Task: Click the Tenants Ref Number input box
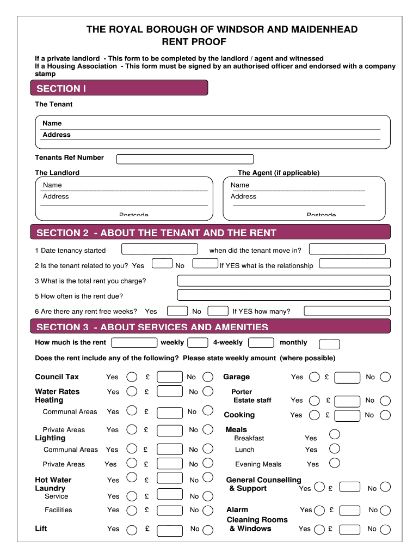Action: (x=185, y=159)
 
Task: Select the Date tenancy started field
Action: (x=159, y=249)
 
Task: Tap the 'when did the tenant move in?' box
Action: (x=347, y=249)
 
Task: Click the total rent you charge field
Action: (x=284, y=281)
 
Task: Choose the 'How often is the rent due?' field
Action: (x=284, y=295)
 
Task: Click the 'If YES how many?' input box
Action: (x=347, y=311)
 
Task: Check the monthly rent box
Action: (x=329, y=344)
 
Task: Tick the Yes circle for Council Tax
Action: (x=132, y=377)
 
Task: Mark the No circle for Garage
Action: (x=385, y=377)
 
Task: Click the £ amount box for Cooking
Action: (x=347, y=415)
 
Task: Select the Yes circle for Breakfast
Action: (x=335, y=434)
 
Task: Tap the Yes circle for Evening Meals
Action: (x=335, y=463)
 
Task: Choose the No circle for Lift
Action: (x=208, y=529)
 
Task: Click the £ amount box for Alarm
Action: (x=347, y=511)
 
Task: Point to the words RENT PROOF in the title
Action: (x=194, y=42)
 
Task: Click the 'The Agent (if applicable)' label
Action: (x=279, y=173)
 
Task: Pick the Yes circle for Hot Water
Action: (x=132, y=478)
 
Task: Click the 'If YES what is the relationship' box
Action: (x=355, y=264)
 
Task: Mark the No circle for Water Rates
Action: (x=208, y=391)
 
